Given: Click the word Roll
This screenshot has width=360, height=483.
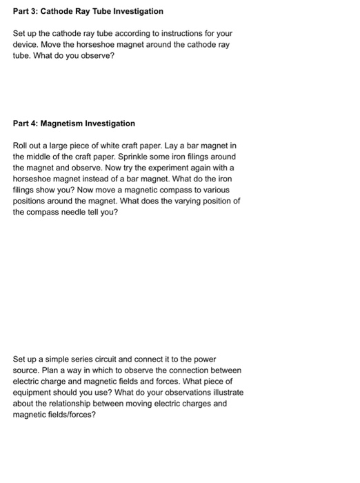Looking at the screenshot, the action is [21, 146].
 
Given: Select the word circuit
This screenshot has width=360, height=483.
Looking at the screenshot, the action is [112, 359].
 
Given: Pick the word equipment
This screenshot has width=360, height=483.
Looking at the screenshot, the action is [35, 393].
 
